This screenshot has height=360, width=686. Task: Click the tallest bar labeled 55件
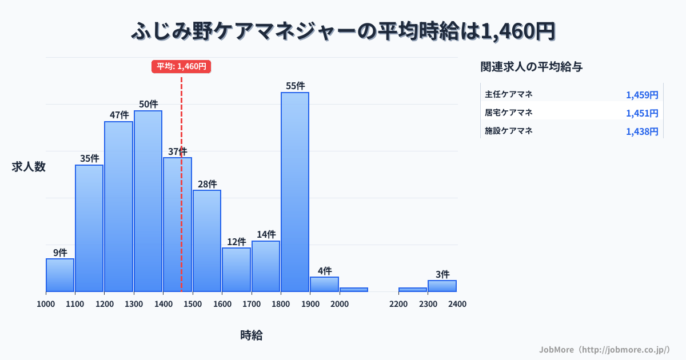coord(295,191)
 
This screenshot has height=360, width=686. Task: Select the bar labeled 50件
coord(148,201)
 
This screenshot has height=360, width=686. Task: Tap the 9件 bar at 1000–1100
coord(60,275)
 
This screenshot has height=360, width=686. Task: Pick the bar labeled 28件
coord(207,241)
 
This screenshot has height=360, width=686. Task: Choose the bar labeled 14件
coord(266,266)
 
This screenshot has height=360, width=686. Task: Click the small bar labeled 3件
coord(442,286)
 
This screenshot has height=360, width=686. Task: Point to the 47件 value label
coord(119,115)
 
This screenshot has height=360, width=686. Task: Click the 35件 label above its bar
coord(89,158)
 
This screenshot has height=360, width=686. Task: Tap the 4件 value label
coord(325,270)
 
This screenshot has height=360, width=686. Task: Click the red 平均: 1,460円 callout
coord(181,66)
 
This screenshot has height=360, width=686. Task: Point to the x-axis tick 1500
coord(193,304)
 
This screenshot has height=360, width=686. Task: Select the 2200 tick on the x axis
coord(398,304)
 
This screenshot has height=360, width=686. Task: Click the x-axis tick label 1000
coord(46,304)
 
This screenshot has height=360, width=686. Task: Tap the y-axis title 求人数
coord(29,167)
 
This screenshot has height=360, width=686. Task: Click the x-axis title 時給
coord(252,335)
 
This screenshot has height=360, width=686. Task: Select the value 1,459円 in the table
coord(642,95)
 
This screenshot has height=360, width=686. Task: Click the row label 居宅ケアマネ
coord(509,113)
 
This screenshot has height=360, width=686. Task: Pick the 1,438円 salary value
coord(642,131)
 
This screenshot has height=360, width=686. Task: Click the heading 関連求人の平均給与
coord(532,67)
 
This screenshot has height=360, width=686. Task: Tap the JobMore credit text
coord(604,349)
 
